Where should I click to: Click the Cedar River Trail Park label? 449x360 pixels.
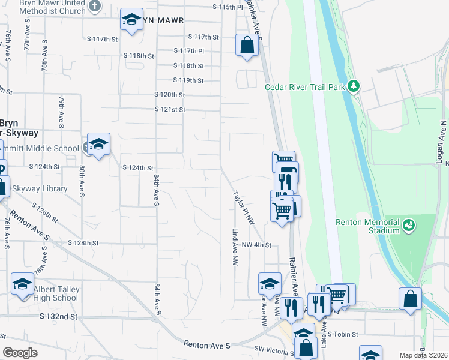click(x=305, y=87)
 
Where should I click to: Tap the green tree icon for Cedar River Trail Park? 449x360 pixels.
click(x=354, y=87)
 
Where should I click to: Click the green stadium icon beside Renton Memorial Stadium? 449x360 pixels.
click(x=409, y=226)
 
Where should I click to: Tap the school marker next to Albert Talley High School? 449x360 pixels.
click(x=23, y=283)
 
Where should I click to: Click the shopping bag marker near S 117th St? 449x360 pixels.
click(x=247, y=44)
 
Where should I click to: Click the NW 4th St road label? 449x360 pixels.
click(x=257, y=245)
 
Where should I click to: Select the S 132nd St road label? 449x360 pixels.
click(x=59, y=316)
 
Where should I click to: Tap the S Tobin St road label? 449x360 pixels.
click(x=342, y=334)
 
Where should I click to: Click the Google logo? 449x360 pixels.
click(x=20, y=352)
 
